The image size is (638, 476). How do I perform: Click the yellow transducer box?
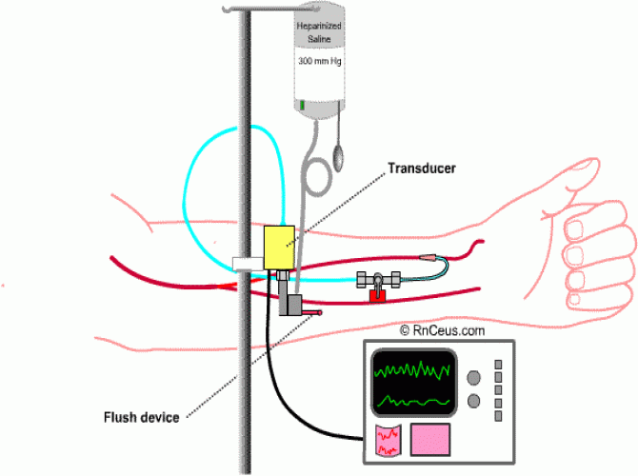click(x=279, y=248)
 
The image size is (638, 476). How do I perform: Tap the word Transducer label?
click(x=422, y=168)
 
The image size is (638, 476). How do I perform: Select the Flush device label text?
click(x=142, y=417)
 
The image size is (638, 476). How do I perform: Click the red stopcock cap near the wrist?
click(x=377, y=296)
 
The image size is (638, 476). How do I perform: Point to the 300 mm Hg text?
click(x=319, y=61)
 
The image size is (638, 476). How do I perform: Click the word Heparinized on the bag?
click(x=319, y=26)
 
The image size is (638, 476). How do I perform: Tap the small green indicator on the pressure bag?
click(x=302, y=105)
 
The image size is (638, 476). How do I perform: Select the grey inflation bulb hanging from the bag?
click(x=338, y=157)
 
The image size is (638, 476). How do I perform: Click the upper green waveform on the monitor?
click(x=411, y=369)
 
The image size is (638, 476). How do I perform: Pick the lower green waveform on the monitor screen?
click(x=413, y=402)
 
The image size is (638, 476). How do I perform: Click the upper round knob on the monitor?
click(x=473, y=378)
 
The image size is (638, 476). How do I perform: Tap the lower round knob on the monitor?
click(x=473, y=401)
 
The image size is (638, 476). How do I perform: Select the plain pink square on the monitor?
click(x=430, y=440)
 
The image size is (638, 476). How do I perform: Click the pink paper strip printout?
click(x=389, y=441)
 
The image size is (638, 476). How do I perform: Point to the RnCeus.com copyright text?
click(x=442, y=330)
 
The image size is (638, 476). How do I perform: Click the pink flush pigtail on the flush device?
click(x=311, y=312)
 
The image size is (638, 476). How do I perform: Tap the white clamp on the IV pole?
click(x=249, y=264)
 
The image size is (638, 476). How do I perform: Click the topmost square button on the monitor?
click(x=498, y=364)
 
